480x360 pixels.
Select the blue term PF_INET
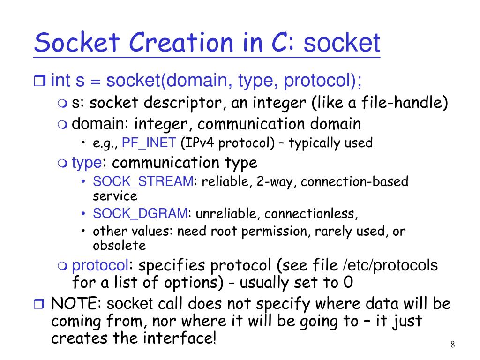click(x=149, y=143)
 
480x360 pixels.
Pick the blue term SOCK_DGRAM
click(x=140, y=214)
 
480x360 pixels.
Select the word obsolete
click(x=119, y=245)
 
